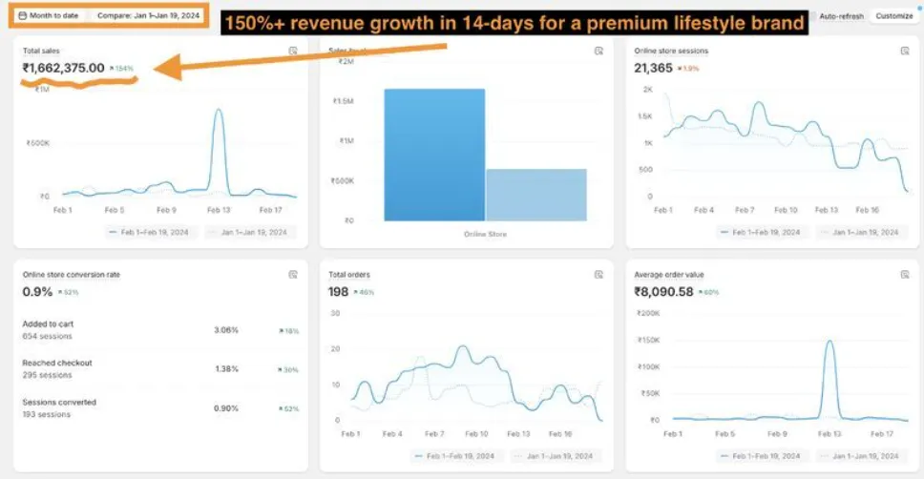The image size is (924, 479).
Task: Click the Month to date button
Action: (x=50, y=16)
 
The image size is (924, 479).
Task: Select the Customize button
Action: (x=893, y=16)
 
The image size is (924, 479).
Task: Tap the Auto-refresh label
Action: (x=841, y=16)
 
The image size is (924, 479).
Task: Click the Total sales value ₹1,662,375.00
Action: (x=63, y=68)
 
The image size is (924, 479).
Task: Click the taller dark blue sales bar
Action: (x=434, y=153)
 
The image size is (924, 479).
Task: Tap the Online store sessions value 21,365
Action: (x=654, y=68)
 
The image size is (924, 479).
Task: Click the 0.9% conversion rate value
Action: (x=37, y=291)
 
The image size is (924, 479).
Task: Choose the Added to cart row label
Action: (x=48, y=323)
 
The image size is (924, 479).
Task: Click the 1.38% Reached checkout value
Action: (x=226, y=367)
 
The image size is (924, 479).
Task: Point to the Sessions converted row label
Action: (x=59, y=403)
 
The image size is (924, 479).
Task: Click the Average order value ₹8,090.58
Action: (x=677, y=291)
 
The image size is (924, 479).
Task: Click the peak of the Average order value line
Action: (x=829, y=342)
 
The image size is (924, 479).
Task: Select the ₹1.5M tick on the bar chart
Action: (x=342, y=100)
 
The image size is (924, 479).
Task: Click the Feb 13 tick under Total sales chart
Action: (x=219, y=209)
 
